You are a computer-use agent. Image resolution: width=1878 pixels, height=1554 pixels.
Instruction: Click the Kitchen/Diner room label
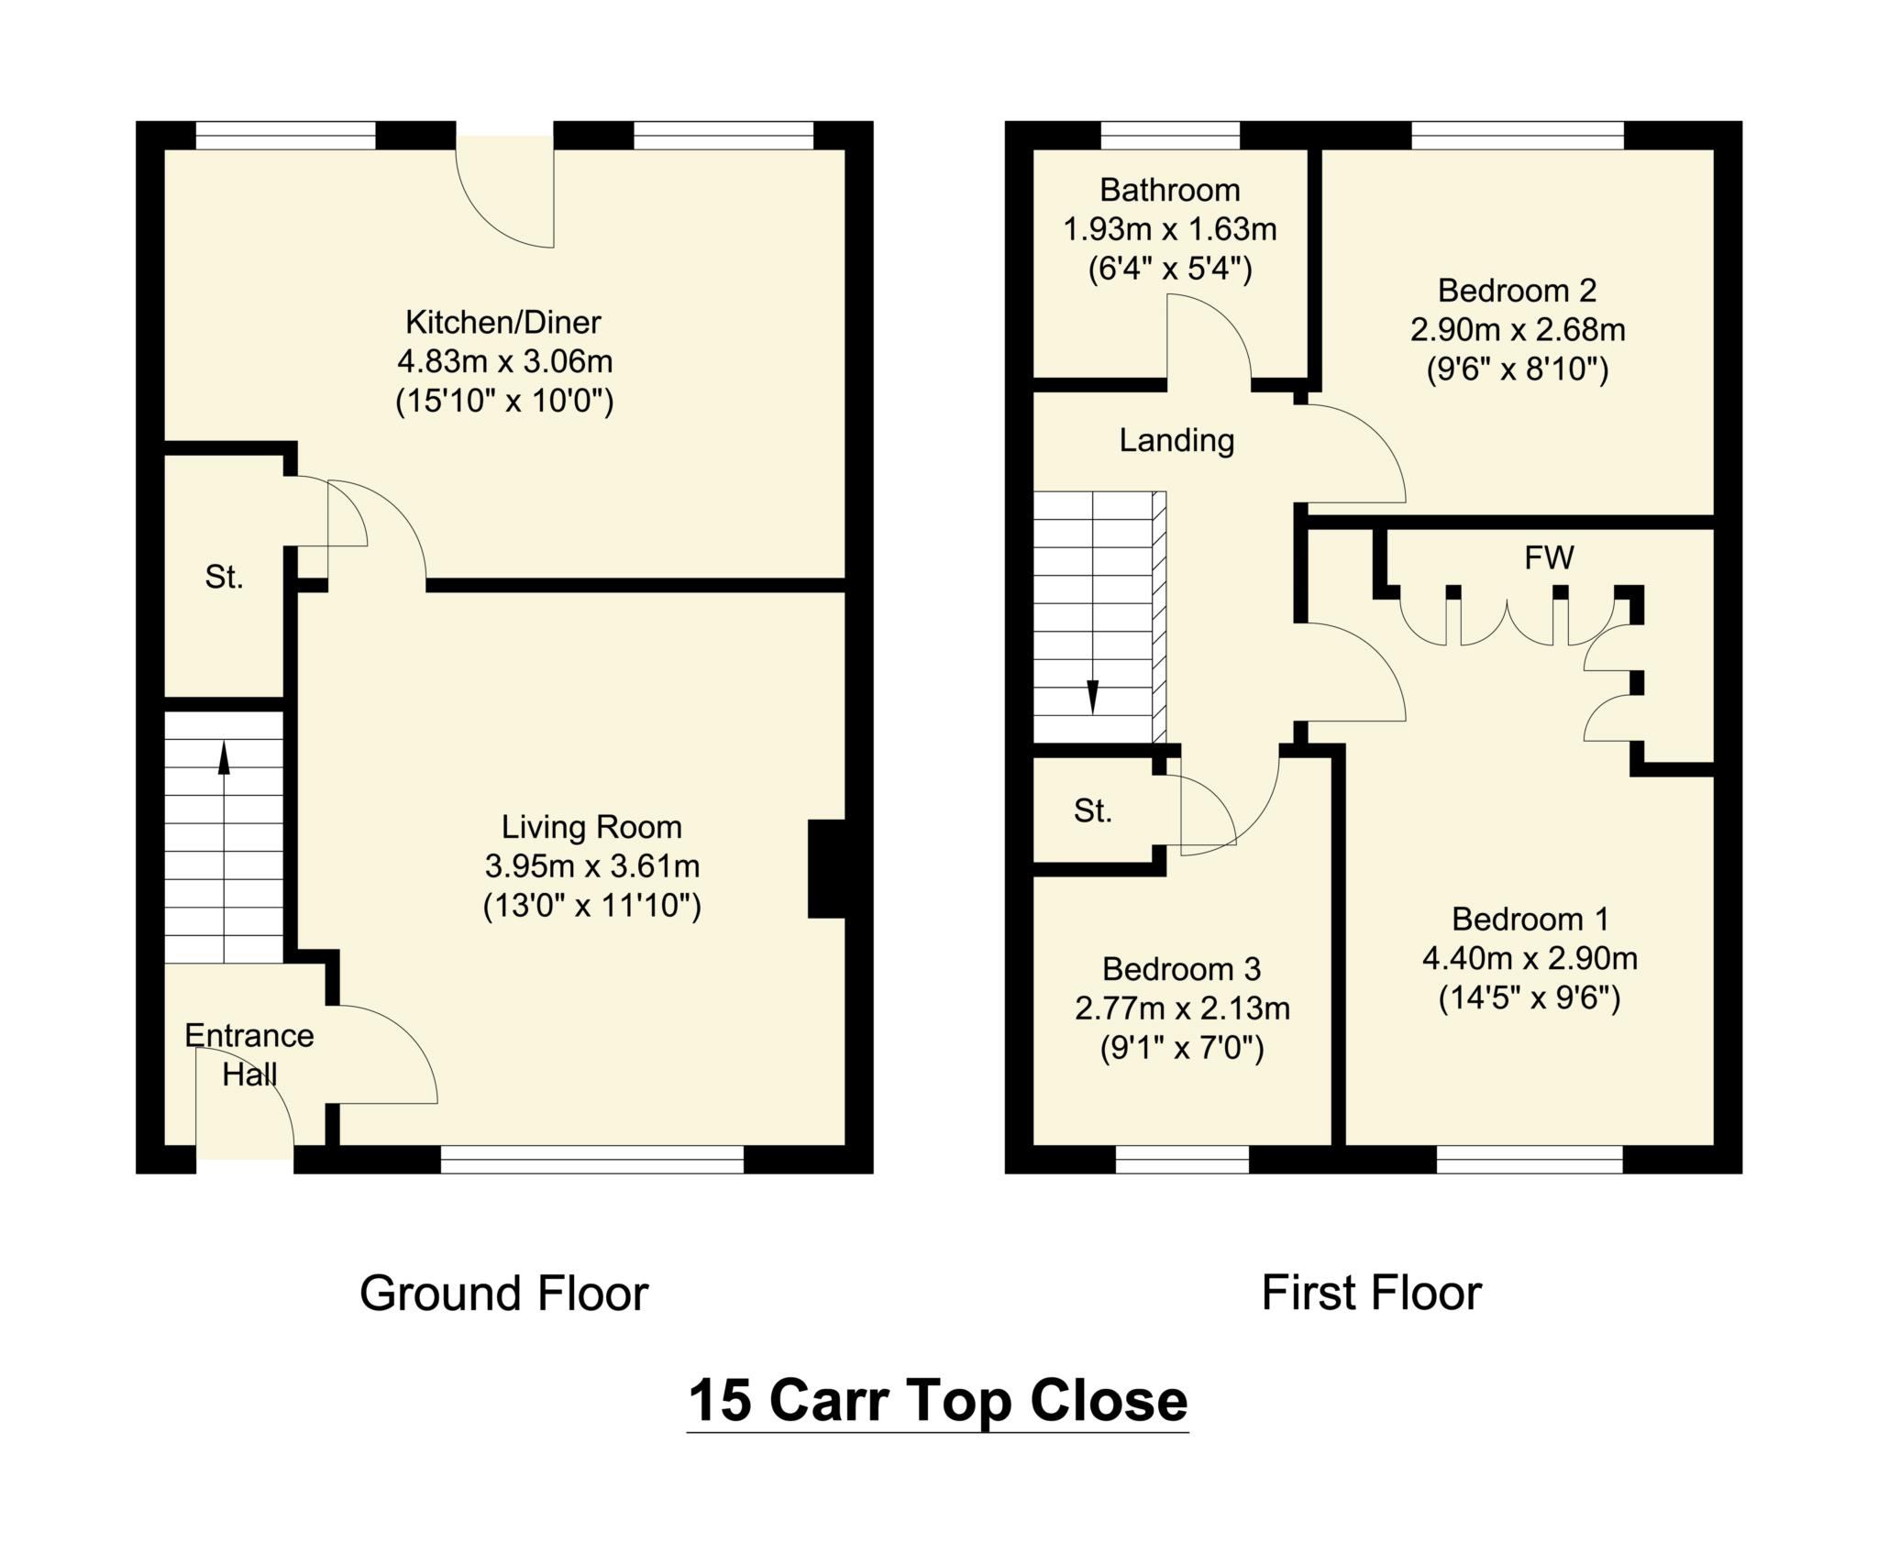pyautogui.click(x=503, y=323)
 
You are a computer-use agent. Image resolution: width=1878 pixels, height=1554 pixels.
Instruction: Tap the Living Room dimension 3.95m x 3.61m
pyautogui.click(x=591, y=865)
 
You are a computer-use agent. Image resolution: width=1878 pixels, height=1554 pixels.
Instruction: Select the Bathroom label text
pyautogui.click(x=1169, y=191)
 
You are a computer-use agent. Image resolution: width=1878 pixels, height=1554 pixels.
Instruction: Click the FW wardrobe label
pyautogui.click(x=1549, y=557)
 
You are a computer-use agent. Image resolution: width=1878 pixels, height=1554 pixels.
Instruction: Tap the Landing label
pyautogui.click(x=1177, y=441)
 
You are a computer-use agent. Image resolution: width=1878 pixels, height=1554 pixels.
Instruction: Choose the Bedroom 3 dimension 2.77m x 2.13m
pyautogui.click(x=1182, y=1008)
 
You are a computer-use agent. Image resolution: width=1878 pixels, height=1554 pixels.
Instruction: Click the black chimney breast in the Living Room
pyautogui.click(x=826, y=868)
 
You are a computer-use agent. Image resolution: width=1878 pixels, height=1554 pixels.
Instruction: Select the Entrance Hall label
pyautogui.click(x=249, y=1054)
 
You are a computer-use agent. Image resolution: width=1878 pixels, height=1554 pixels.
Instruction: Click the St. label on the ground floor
pyautogui.click(x=224, y=577)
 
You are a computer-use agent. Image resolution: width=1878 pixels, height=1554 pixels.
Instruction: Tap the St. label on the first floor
pyautogui.click(x=1092, y=810)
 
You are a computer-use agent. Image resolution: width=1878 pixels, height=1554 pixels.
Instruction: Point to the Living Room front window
pyautogui.click(x=591, y=1160)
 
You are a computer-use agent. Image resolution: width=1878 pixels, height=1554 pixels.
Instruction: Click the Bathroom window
pyautogui.click(x=1169, y=136)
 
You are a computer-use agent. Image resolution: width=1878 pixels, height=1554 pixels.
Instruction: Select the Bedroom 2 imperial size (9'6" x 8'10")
pyautogui.click(x=1518, y=369)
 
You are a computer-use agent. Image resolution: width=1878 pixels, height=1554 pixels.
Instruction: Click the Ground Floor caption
pyautogui.click(x=503, y=1294)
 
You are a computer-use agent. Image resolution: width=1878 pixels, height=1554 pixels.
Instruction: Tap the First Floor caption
pyautogui.click(x=1371, y=1294)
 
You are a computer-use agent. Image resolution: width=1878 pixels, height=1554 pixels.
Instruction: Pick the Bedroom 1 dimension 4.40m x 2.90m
pyautogui.click(x=1530, y=958)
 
